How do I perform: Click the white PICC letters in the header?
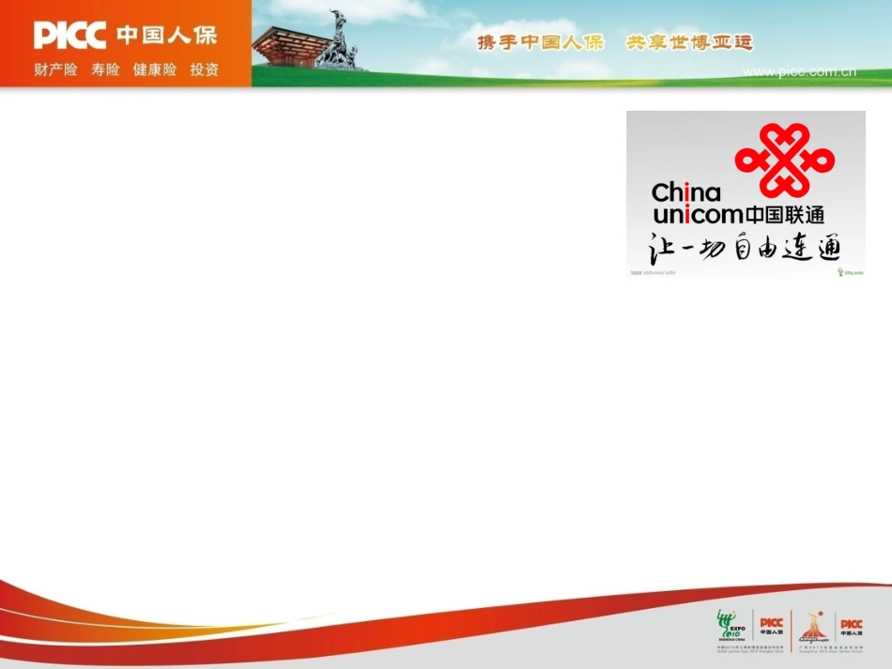coord(70,36)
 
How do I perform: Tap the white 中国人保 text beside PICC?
coord(166,36)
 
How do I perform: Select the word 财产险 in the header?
coord(55,69)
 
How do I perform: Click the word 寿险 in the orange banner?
coord(105,69)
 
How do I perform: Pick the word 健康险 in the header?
coord(154,69)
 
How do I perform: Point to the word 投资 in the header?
coord(205,69)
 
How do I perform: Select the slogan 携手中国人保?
coord(540,43)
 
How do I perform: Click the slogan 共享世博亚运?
coord(689,43)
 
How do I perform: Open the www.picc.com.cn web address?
coord(799,72)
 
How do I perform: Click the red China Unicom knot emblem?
coord(784,158)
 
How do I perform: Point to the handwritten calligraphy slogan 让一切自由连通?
coord(746,247)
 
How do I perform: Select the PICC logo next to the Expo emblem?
coord(771,626)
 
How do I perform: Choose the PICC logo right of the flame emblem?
coord(851,627)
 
